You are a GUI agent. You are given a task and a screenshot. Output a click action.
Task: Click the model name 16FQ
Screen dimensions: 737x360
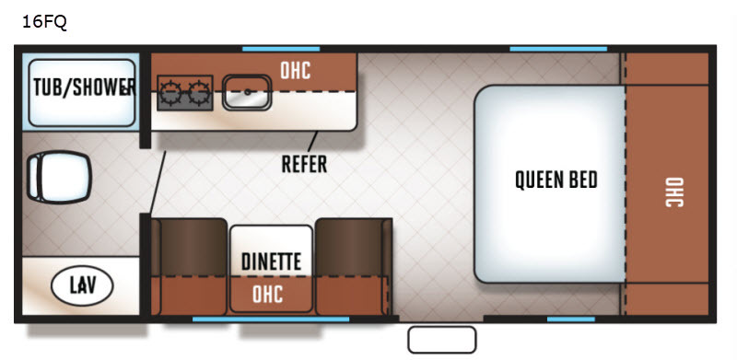click(x=44, y=21)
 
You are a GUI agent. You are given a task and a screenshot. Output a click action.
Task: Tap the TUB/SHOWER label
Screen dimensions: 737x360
click(x=85, y=87)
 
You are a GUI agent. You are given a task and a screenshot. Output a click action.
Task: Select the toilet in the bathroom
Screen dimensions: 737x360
click(x=59, y=177)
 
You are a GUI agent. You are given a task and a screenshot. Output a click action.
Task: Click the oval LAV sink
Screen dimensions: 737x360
click(x=82, y=285)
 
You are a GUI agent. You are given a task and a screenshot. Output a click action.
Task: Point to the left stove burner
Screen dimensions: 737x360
click(x=170, y=93)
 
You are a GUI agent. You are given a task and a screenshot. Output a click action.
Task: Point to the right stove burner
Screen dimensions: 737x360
click(x=199, y=93)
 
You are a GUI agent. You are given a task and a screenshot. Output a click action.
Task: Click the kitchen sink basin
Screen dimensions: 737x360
click(x=247, y=93)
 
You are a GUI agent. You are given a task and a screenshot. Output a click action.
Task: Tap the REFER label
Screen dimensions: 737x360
click(x=304, y=164)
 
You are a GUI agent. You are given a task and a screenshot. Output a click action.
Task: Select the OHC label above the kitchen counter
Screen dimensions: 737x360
click(x=295, y=71)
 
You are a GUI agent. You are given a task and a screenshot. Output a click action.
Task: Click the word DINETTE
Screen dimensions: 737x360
click(x=271, y=261)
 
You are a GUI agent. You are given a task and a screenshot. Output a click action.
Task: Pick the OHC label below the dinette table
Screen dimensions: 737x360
click(x=267, y=295)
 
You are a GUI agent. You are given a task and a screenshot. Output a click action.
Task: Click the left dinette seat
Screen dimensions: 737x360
click(x=190, y=266)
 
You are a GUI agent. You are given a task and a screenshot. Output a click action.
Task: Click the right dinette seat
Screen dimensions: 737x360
click(x=354, y=266)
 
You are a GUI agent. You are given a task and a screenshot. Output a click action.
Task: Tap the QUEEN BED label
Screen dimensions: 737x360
click(x=556, y=180)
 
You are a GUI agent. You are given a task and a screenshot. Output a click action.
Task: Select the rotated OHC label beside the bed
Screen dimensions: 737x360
click(x=674, y=192)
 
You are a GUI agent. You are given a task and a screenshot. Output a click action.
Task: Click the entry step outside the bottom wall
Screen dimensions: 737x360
click(x=442, y=340)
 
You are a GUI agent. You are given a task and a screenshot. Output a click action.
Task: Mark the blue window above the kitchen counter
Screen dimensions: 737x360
click(x=281, y=49)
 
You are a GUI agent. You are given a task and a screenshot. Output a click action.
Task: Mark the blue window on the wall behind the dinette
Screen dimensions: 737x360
click(x=271, y=319)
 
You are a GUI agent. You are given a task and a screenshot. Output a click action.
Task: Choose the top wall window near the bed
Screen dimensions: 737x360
click(x=558, y=49)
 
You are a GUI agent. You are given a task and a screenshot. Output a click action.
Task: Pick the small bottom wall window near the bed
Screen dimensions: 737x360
click(x=570, y=319)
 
